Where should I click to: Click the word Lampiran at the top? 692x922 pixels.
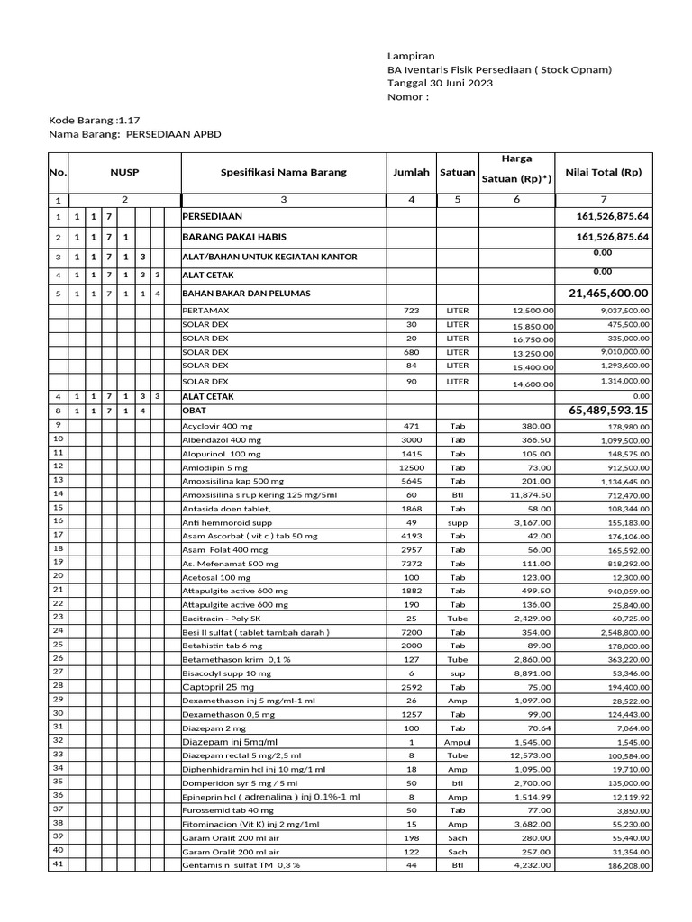pos(410,55)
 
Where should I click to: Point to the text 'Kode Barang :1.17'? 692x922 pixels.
pos(94,119)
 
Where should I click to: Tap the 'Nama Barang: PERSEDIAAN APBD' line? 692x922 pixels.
pos(134,133)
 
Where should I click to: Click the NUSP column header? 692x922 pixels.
pos(125,172)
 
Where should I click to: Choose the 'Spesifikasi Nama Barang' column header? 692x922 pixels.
pos(284,172)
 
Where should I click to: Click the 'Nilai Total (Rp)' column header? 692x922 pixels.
pos(603,172)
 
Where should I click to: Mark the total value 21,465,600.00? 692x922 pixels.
pos(608,294)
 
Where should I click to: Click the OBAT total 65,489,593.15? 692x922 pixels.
pos(608,411)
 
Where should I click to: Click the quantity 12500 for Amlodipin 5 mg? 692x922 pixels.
pos(411,467)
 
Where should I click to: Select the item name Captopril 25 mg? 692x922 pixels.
pos(218,687)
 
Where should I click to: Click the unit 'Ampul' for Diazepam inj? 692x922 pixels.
pos(458,741)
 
